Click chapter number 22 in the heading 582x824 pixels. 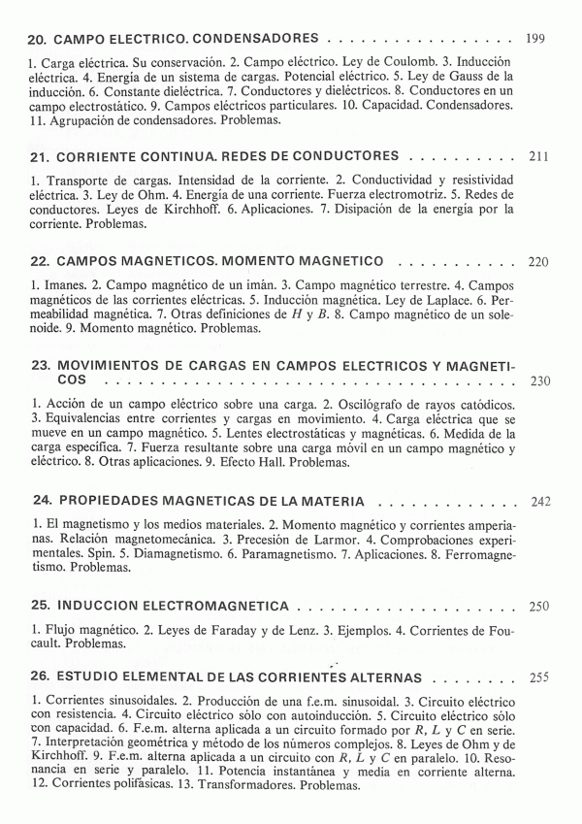40,262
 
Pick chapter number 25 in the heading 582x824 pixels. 40,607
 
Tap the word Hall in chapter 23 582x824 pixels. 264,463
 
